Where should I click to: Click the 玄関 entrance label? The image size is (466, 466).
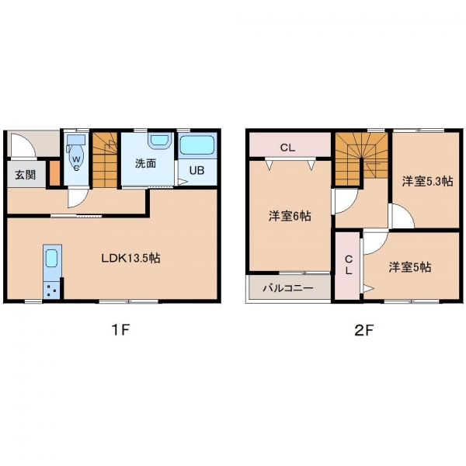tap(26, 175)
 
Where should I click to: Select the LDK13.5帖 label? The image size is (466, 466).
tap(131, 258)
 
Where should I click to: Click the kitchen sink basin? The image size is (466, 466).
tap(51, 258)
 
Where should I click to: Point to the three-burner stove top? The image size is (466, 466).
tap(51, 290)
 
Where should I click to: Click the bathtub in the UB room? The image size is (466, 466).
tap(197, 145)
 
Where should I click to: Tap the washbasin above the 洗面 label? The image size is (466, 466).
tap(160, 141)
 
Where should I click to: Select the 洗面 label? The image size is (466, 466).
tap(146, 163)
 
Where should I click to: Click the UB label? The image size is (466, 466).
tap(196, 170)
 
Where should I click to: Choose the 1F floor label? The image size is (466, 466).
tap(120, 330)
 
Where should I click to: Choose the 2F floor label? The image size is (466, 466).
tap(363, 330)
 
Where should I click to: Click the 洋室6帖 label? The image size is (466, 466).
tap(290, 216)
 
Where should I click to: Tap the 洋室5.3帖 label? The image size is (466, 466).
tap(428, 181)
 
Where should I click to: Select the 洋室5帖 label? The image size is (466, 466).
tap(410, 267)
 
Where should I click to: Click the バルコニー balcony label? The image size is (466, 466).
tap(288, 288)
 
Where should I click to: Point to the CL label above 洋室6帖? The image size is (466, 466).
tap(287, 148)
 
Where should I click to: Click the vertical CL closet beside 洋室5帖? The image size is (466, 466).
tap(348, 266)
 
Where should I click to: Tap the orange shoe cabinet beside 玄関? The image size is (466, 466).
tap(54, 173)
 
